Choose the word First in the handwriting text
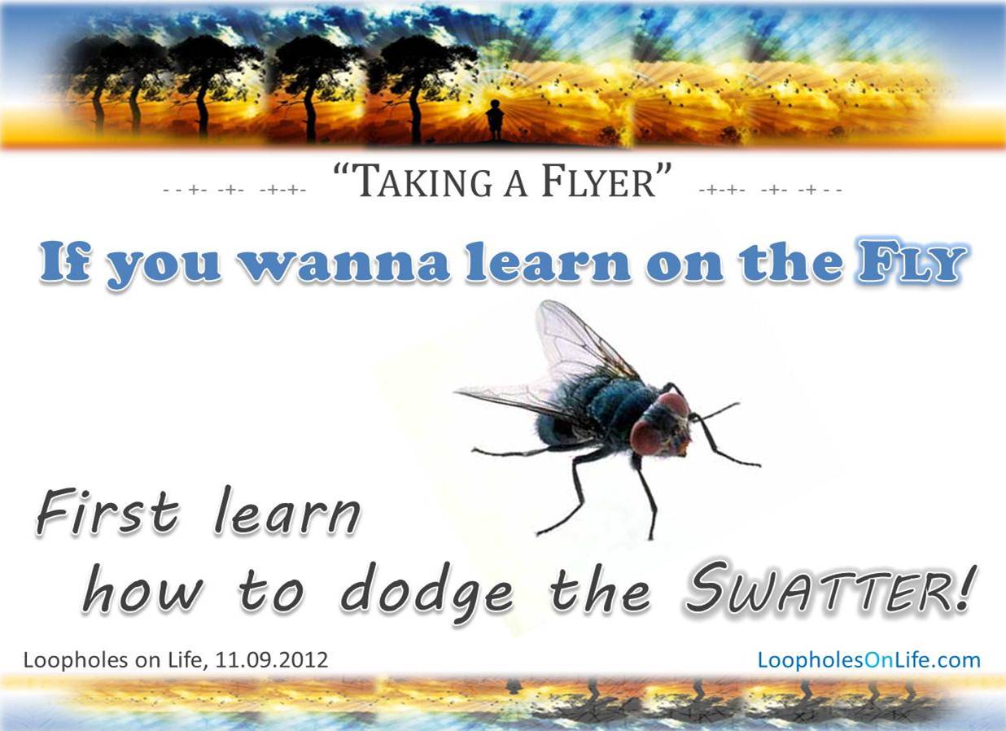point(107,512)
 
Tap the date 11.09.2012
point(272,660)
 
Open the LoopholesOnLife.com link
point(869,660)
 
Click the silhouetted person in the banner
point(495,120)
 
